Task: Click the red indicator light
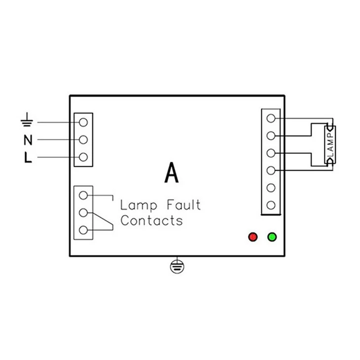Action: click(x=253, y=237)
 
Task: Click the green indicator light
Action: click(x=272, y=237)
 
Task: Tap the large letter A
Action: click(x=172, y=173)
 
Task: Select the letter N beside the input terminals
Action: click(x=28, y=140)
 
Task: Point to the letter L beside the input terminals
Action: click(x=28, y=157)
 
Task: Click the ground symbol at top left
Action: click(x=27, y=120)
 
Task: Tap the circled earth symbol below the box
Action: click(x=177, y=266)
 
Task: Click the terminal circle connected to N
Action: click(x=83, y=140)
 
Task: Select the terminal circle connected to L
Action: click(x=83, y=157)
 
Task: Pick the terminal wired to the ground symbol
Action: click(x=83, y=122)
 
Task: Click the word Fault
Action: click(x=183, y=205)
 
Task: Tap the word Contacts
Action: click(x=151, y=220)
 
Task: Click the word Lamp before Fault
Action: click(x=139, y=206)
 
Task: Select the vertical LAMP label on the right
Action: click(x=330, y=144)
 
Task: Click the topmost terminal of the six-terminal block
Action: click(x=271, y=118)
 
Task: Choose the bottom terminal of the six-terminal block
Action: click(x=271, y=205)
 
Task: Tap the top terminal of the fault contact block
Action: click(x=83, y=195)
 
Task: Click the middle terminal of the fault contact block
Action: click(x=83, y=213)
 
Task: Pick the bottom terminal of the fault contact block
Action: click(x=83, y=230)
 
